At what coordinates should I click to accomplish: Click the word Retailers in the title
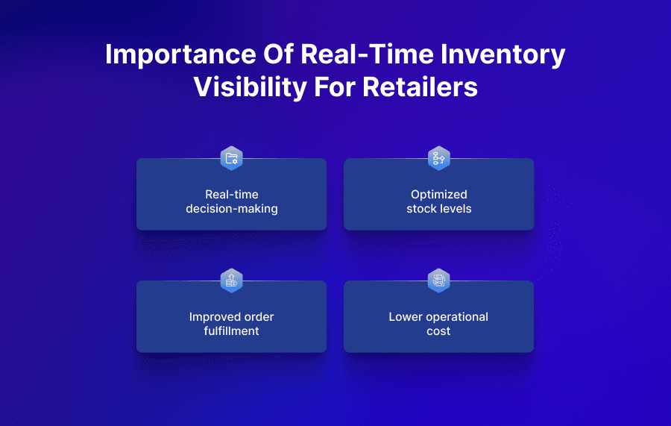coord(420,87)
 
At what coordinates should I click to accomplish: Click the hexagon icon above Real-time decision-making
coord(231,158)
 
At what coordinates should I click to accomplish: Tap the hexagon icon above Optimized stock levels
coord(438,158)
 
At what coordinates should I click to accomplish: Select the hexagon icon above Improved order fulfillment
coord(231,281)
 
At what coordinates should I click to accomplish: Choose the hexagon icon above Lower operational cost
coord(438,281)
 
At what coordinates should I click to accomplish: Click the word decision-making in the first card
coord(231,209)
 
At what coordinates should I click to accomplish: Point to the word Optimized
coord(438,195)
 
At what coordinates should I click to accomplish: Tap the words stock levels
coord(438,209)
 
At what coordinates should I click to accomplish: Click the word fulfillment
coord(231,331)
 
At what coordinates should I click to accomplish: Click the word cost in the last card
coord(438,331)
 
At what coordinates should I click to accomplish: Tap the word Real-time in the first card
coord(231,195)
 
